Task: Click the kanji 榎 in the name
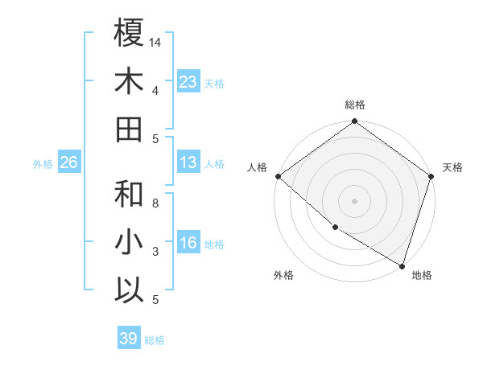pyautogui.click(x=129, y=33)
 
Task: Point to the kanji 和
pyautogui.click(x=129, y=194)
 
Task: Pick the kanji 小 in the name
pyautogui.click(x=129, y=242)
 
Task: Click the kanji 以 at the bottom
pyautogui.click(x=129, y=290)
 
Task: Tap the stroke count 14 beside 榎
pyautogui.click(x=155, y=42)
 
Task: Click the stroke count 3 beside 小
pyautogui.click(x=155, y=252)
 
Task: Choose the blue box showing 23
pyautogui.click(x=188, y=82)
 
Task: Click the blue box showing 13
pyautogui.click(x=188, y=163)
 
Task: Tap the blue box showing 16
pyautogui.click(x=188, y=244)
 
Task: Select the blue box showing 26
pyautogui.click(x=68, y=163)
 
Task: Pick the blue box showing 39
pyautogui.click(x=128, y=339)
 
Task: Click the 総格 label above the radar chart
pyautogui.click(x=354, y=105)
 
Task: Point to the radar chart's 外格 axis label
pyautogui.click(x=283, y=275)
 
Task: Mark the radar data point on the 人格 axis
pyautogui.click(x=278, y=176)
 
